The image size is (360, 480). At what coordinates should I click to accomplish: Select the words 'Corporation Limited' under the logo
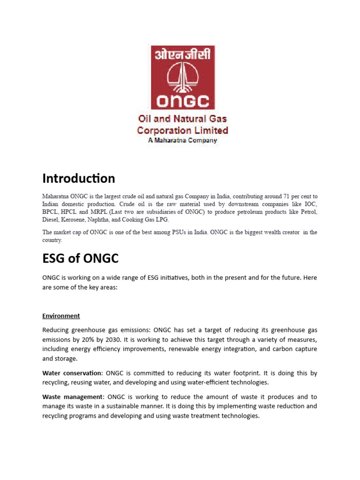pos(182,130)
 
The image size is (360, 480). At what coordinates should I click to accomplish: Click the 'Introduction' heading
pos(78,179)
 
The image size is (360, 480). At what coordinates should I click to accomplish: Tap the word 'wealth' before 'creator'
pos(264,232)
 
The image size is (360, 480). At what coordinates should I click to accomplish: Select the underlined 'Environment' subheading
pos(61,316)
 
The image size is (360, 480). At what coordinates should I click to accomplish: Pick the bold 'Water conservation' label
pos(72,373)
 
